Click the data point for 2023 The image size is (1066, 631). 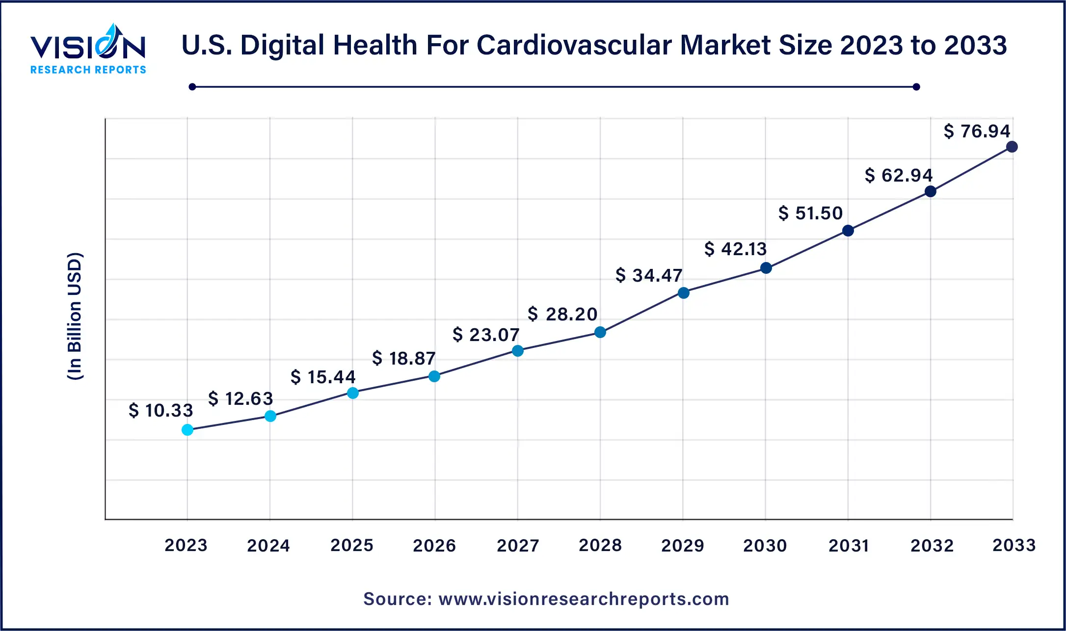pyautogui.click(x=187, y=430)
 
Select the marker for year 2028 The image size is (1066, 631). pyautogui.click(x=600, y=332)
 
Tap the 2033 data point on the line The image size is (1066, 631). pyautogui.click(x=1012, y=147)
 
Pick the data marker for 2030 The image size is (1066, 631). pyautogui.click(x=766, y=268)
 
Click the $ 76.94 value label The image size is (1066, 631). pyautogui.click(x=977, y=131)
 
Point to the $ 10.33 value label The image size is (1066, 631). pyautogui.click(x=161, y=410)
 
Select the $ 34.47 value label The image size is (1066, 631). pyautogui.click(x=649, y=275)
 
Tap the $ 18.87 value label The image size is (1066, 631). pyautogui.click(x=404, y=358)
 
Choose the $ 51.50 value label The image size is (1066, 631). pyautogui.click(x=811, y=213)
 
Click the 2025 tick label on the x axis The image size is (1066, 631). pyautogui.click(x=352, y=545)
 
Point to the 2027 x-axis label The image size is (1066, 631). pyautogui.click(x=518, y=545)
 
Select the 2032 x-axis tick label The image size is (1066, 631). pyautogui.click(x=932, y=545)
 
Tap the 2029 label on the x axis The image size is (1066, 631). pyautogui.click(x=683, y=545)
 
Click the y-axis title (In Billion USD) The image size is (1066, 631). pyautogui.click(x=75, y=316)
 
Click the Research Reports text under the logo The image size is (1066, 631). pyautogui.click(x=88, y=70)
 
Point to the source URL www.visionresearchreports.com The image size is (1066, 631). pyautogui.click(x=584, y=599)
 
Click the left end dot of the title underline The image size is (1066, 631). pyautogui.click(x=192, y=87)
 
